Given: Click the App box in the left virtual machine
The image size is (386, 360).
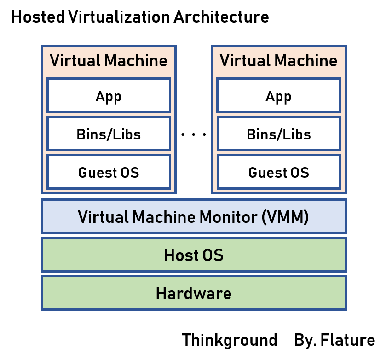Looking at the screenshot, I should coord(109,96).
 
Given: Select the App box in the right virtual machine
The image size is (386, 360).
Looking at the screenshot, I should coord(278,96).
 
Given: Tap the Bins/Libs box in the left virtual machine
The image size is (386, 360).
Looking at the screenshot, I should coord(109,134).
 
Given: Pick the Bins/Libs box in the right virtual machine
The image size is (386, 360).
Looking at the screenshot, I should coord(278,134).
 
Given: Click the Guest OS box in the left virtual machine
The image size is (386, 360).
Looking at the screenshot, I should coord(109,172).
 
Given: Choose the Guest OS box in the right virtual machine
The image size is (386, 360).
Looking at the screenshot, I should coord(278,172).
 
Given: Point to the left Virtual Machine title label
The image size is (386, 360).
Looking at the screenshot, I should coord(109,61).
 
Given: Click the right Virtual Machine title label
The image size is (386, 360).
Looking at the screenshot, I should coord(278,61).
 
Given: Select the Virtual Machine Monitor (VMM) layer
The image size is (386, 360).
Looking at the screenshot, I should coord(193,216).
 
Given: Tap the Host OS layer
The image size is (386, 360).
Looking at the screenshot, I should coord(193,255).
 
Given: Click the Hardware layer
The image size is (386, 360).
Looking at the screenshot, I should coord(193,293).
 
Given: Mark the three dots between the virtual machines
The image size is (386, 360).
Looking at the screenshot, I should coord(193,135).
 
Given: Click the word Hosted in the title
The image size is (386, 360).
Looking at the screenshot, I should coord(37,17).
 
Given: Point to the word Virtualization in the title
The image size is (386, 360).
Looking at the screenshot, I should coord(120,17).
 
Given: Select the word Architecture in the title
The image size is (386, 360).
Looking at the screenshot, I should coord(221,17).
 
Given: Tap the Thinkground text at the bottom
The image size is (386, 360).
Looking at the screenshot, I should coord(230,340).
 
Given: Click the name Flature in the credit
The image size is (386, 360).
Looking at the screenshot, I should coord(348,340).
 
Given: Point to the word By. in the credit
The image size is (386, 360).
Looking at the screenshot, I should coord(305,340).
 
